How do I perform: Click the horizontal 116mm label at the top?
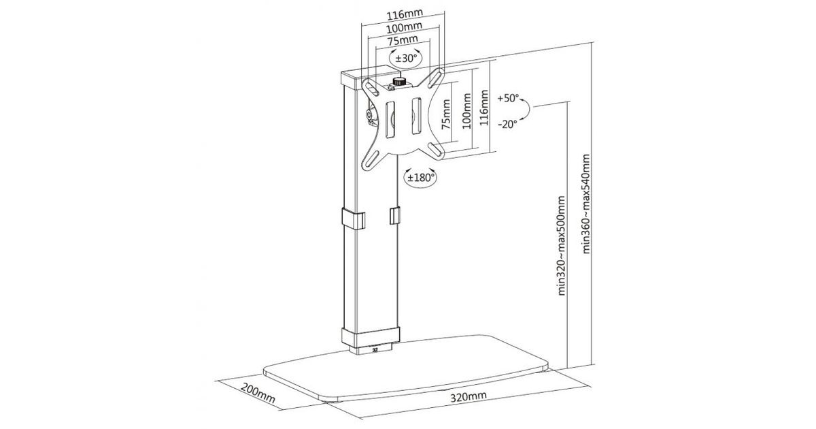tap(405, 14)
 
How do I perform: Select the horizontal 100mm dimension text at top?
tap(404, 27)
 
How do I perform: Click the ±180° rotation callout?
tap(421, 178)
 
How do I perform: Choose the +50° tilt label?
tap(508, 98)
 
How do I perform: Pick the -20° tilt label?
tap(507, 124)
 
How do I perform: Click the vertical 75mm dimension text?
tap(446, 114)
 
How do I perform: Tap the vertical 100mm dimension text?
tap(466, 110)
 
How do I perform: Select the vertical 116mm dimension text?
tap(483, 108)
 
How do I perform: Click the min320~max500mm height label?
tap(562, 246)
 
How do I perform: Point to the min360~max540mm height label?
tap(586, 204)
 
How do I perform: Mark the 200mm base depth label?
tap(258, 392)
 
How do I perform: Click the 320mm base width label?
tap(469, 396)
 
